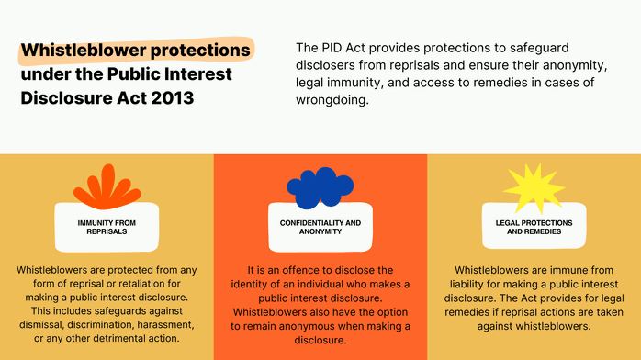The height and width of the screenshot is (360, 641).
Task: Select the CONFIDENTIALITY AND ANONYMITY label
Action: click(320, 227)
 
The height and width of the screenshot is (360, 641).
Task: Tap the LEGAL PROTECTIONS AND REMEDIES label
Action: click(534, 227)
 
